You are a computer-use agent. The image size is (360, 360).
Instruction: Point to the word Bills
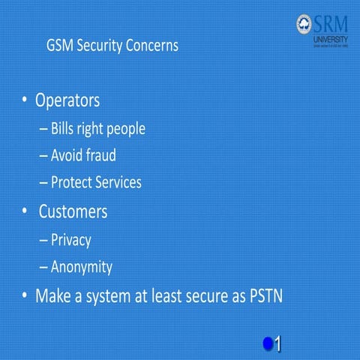pyautogui.click(x=64, y=128)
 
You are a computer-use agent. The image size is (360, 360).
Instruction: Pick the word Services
pyautogui.click(x=119, y=182)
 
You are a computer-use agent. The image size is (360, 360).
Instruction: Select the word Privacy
pyautogui.click(x=70, y=240)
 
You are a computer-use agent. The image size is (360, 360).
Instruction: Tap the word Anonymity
pyautogui.click(x=81, y=267)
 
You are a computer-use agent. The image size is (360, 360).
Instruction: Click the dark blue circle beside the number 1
pyautogui.click(x=268, y=343)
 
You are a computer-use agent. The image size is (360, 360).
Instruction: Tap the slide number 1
pyautogui.click(x=277, y=343)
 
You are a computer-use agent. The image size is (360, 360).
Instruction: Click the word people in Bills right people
pyautogui.click(x=124, y=129)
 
